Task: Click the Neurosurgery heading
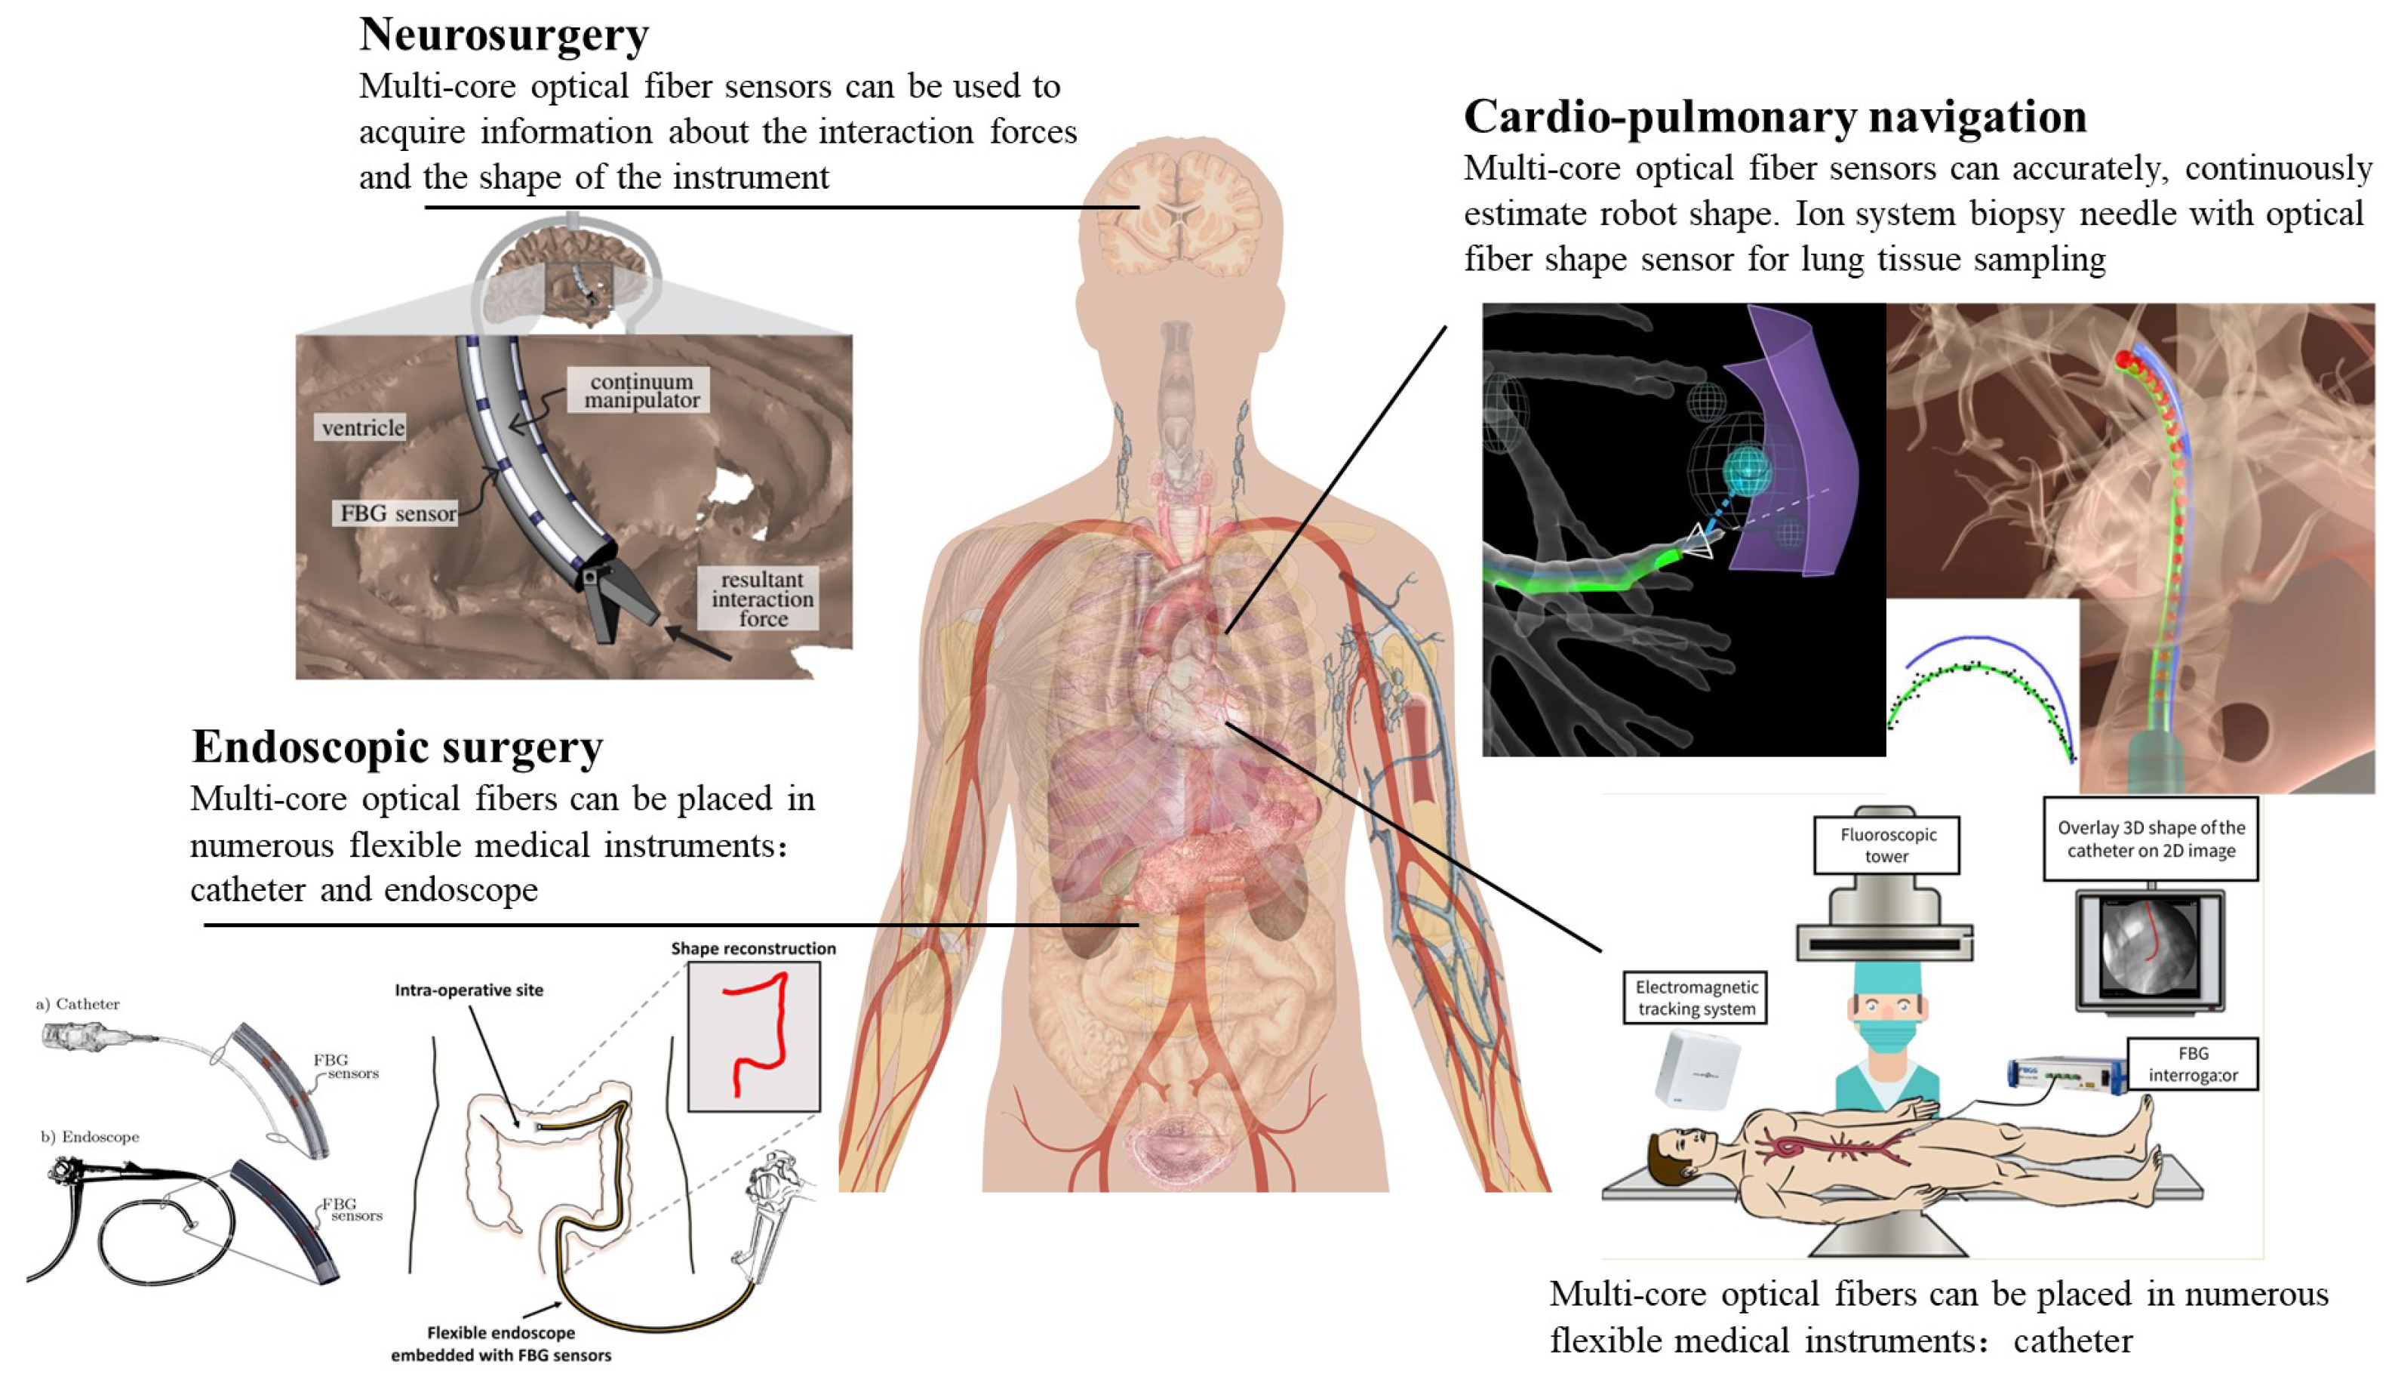[x=504, y=35]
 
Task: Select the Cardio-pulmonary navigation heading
[x=1774, y=118]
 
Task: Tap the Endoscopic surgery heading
[x=397, y=747]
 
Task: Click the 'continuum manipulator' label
[x=641, y=390]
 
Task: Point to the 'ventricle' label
[x=361, y=428]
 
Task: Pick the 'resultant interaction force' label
[x=761, y=599]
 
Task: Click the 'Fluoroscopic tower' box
[x=1886, y=845]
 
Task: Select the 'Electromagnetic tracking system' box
[x=1696, y=998]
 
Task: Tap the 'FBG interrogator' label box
[x=2192, y=1064]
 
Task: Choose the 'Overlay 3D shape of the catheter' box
[x=2150, y=839]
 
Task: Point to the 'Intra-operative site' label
[x=469, y=990]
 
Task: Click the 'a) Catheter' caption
[x=78, y=1004]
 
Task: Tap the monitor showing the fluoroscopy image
[x=2150, y=950]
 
